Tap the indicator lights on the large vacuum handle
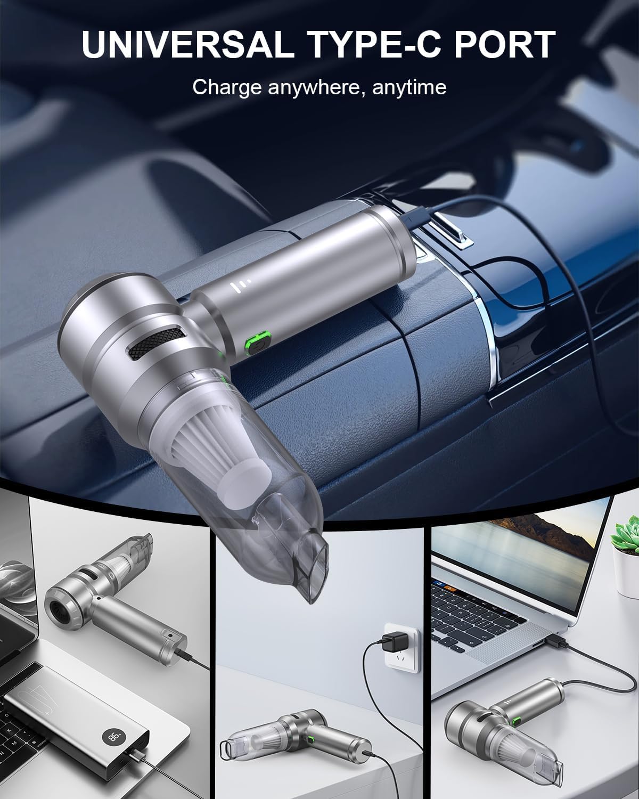[x=236, y=287]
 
